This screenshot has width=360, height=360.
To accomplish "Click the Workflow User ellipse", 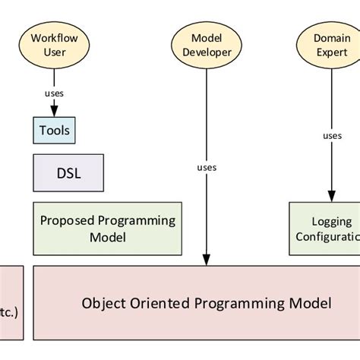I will (54, 45).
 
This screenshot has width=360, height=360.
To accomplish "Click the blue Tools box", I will (54, 131).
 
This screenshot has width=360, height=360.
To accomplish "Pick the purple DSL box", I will (68, 172).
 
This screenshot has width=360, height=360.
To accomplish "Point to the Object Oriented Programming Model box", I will (206, 303).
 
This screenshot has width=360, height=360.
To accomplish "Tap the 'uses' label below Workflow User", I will (54, 93).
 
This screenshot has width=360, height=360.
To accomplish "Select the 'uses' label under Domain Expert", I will (332, 136).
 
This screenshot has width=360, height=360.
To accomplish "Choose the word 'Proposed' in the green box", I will (67, 221).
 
